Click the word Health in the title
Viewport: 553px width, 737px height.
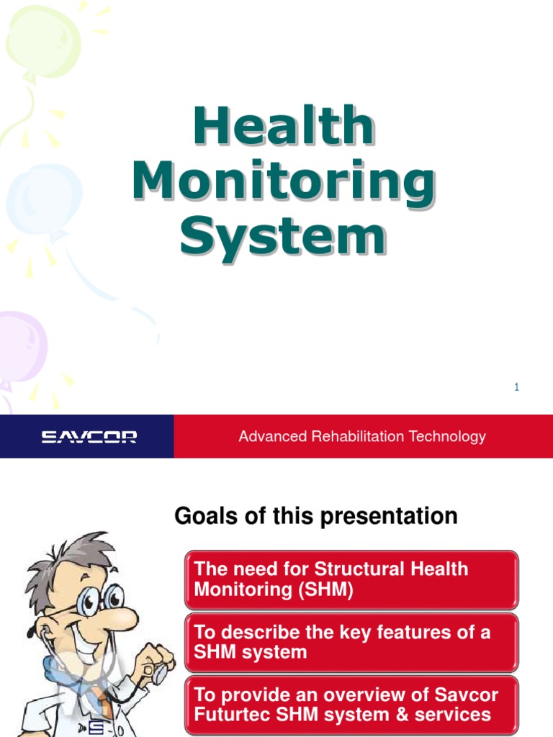(x=283, y=127)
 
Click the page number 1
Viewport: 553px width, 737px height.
(x=516, y=387)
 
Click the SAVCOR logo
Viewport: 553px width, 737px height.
(x=89, y=437)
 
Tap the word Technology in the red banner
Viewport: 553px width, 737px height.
(x=447, y=436)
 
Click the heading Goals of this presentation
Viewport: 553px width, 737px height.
(x=315, y=516)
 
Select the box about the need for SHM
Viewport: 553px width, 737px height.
(x=351, y=579)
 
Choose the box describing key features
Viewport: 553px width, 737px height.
(x=351, y=642)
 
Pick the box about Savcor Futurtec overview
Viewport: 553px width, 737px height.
(x=351, y=705)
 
